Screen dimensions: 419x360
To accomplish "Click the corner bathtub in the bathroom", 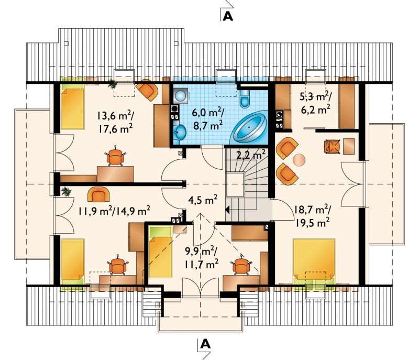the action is pos(249,127).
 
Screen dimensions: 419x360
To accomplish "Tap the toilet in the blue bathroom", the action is pos(245,97).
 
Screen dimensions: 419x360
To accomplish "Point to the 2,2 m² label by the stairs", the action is pos(251,154).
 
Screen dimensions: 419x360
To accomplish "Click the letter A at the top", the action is pos(228,16).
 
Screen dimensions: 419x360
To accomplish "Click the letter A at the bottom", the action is pos(205,344).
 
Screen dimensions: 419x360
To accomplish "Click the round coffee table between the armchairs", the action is pos(299,160).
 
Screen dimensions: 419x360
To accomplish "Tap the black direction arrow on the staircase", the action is pos(228,210).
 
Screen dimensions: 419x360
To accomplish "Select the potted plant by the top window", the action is pos(113,84).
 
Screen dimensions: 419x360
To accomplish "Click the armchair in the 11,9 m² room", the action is pos(98,194).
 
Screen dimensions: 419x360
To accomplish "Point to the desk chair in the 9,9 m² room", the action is pos(241,265).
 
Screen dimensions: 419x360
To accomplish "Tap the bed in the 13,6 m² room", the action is pos(72,103).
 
